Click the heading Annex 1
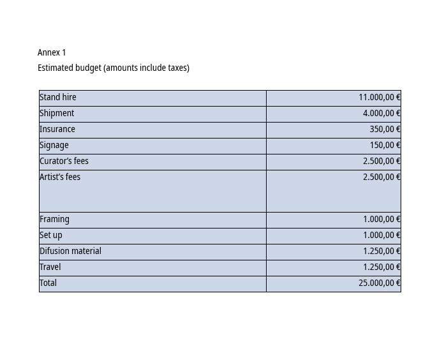[52, 52]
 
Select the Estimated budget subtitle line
[114, 68]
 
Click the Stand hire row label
[58, 97]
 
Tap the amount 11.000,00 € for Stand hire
[379, 97]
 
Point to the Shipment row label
[57, 113]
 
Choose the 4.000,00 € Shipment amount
[381, 113]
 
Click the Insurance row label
[57, 129]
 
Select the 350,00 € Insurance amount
[385, 129]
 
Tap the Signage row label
[54, 145]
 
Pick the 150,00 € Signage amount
[385, 145]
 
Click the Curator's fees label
[64, 161]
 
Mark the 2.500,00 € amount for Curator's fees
[381, 161]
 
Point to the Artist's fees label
[60, 177]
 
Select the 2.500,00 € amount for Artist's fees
[381, 177]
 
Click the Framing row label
[54, 219]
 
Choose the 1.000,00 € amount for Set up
[381, 235]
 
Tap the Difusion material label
[70, 251]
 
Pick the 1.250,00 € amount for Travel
[381, 267]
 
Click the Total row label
[48, 283]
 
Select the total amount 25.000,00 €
[379, 283]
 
